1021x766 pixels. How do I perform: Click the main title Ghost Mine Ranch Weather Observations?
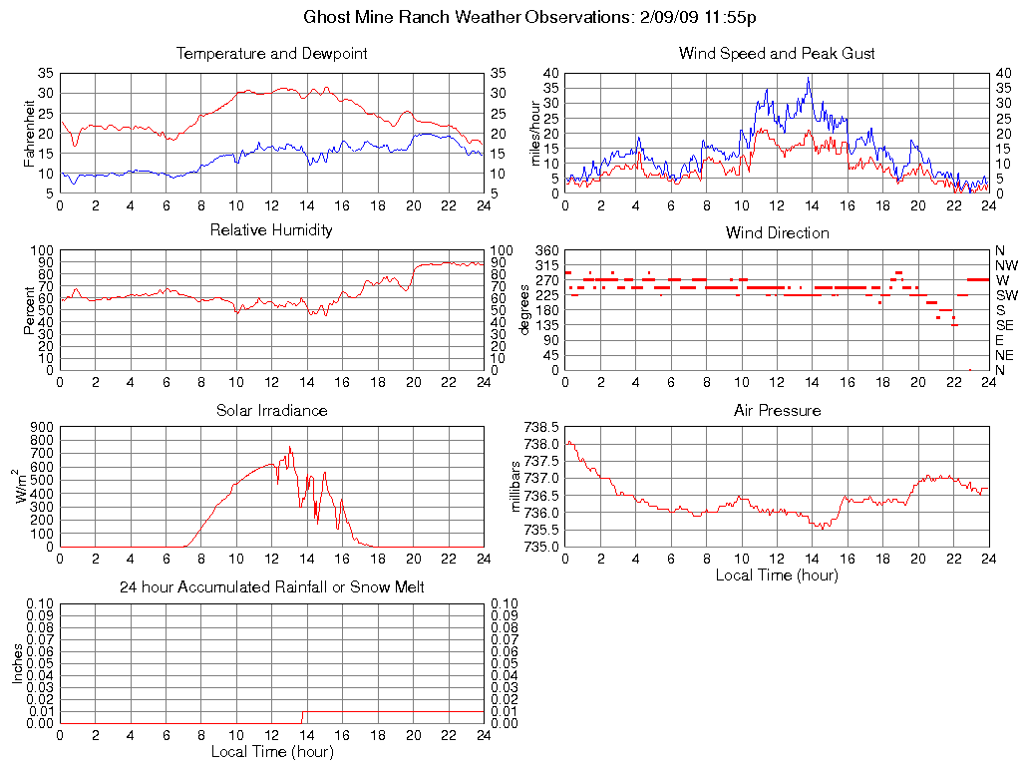(529, 17)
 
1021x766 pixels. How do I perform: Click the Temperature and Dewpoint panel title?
(271, 53)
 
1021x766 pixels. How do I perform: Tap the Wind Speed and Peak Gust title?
(777, 53)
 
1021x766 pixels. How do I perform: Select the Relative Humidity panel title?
(271, 230)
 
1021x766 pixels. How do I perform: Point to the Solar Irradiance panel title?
(271, 410)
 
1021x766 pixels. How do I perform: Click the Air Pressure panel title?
(777, 410)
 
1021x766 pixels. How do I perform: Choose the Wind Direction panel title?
(777, 232)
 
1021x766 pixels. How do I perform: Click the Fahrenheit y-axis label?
(29, 133)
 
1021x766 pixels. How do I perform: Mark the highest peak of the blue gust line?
(809, 79)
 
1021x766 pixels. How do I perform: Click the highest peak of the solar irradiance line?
(290, 448)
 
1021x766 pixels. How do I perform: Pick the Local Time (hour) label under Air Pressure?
(777, 574)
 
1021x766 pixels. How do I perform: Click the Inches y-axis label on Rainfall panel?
(18, 663)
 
